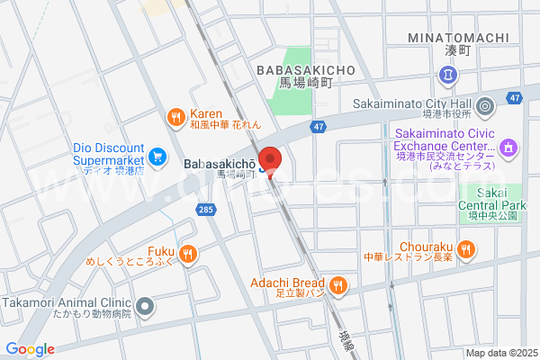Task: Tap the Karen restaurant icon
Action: [176, 115]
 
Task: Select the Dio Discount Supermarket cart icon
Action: [157, 157]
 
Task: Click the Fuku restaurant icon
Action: [187, 253]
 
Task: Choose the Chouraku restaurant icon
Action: [465, 248]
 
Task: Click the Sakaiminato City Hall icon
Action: [485, 107]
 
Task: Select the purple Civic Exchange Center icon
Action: [508, 147]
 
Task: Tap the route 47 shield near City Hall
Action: [515, 97]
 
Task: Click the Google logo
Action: [30, 349]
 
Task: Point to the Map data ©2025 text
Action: [500, 353]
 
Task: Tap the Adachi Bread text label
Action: [287, 283]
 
